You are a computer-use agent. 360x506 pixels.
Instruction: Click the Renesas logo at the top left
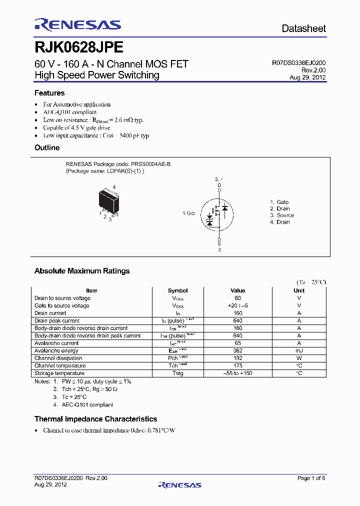tap(77, 25)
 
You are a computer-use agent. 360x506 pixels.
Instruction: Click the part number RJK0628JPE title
tap(78, 47)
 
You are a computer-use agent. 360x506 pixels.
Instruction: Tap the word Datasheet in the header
tap(303, 28)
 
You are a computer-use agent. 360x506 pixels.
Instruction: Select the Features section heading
tap(49, 93)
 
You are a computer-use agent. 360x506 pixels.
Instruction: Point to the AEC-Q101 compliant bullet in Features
tap(69, 112)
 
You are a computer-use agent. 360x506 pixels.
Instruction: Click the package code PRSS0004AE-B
tap(150, 164)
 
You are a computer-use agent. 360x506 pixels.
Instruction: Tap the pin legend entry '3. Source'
tap(282, 215)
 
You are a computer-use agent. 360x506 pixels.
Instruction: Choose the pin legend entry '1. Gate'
tap(279, 202)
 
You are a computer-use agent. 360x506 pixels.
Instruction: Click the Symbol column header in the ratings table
tap(177, 290)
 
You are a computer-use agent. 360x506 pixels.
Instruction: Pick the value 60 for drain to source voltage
tap(238, 298)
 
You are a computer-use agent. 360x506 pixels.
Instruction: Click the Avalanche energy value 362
tap(238, 350)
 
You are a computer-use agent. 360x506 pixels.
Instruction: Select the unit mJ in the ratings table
tap(299, 350)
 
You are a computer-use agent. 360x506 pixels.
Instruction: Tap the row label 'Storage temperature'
tap(59, 373)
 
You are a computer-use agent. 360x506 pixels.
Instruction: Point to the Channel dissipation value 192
tap(238, 358)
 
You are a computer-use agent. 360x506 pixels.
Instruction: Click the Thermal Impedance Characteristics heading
tap(95, 419)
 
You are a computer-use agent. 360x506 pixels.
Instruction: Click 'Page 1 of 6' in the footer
tap(311, 478)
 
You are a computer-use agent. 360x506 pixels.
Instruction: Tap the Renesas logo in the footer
tap(179, 484)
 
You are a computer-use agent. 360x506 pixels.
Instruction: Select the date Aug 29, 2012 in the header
tap(307, 77)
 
